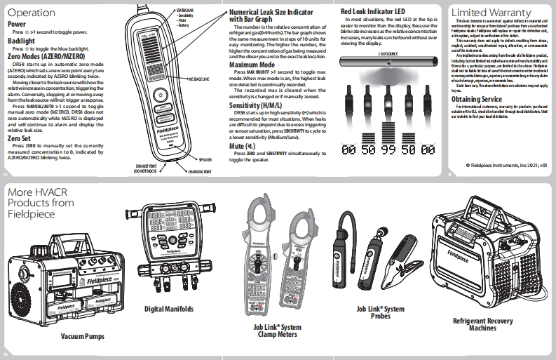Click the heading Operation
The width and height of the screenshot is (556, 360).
[x=31, y=13]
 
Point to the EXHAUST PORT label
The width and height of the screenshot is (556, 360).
[x=150, y=169]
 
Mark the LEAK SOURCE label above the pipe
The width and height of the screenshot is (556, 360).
[x=389, y=53]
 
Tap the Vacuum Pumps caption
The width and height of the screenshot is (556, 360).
[x=83, y=337]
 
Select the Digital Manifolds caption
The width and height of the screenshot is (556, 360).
[x=169, y=308]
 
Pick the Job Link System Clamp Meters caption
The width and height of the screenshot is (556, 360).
[x=277, y=331]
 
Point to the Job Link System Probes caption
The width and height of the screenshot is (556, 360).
[x=380, y=312]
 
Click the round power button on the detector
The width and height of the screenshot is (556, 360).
[x=161, y=95]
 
